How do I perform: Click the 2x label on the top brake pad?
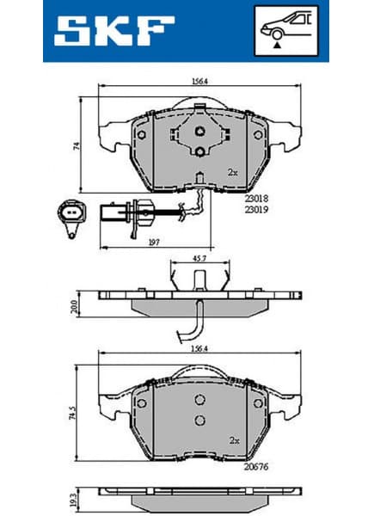coord(231,172)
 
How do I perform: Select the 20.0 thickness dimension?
coord(75,305)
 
